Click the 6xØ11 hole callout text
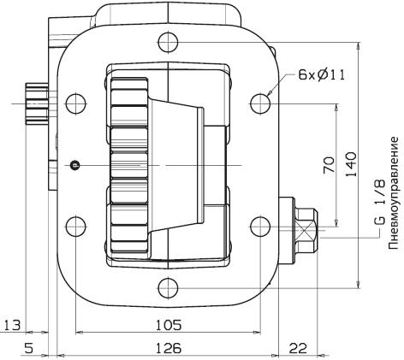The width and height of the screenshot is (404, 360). tap(322, 74)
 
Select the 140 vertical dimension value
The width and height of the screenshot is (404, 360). tap(351, 164)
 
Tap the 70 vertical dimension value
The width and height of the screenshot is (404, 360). tap(329, 165)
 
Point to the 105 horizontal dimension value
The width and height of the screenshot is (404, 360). tap(169, 325)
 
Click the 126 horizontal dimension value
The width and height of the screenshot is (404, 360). tap(169, 348)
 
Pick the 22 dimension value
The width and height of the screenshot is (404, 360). tap(298, 348)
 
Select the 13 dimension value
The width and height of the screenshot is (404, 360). tap(12, 325)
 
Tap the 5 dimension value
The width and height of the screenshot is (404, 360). tap(29, 348)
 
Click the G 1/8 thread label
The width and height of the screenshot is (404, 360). tap(379, 203)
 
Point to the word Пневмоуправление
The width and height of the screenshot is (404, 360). tap(394, 193)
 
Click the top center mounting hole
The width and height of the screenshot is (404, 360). tap(169, 43)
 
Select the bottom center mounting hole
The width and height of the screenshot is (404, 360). tap(169, 288)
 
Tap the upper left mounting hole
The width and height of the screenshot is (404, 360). tap(76, 103)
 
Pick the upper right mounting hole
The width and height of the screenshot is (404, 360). tap(260, 103)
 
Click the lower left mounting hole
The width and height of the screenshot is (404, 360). tap(76, 227)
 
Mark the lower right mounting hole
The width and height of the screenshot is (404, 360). tap(260, 227)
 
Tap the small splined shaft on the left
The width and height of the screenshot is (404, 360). tap(37, 103)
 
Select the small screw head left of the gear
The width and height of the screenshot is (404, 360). tap(75, 165)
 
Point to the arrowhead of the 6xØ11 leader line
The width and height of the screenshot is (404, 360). tap(269, 93)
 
